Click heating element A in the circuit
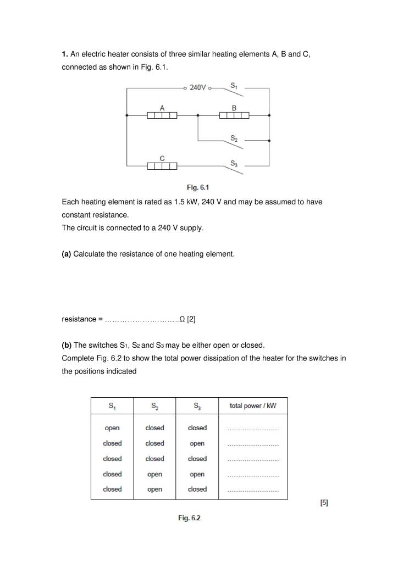coord(162,115)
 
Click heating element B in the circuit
coord(234,115)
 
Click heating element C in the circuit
coord(162,165)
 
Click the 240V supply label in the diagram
coord(198,87)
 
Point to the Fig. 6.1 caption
coord(198,187)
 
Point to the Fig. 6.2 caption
coord(189,518)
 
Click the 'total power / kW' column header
coord(253,406)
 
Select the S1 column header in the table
coord(112,407)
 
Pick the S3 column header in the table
coord(197,407)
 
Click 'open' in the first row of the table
coord(112,428)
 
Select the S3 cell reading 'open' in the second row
coord(197,443)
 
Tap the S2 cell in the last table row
coord(155,490)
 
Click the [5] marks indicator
coord(324,503)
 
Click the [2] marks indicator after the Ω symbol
coord(191,319)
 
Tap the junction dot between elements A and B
coord(198,115)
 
